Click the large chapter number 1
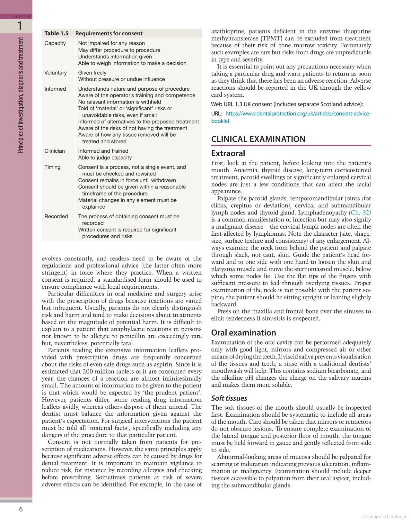click(20, 26)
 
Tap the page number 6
click(21, 509)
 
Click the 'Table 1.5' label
click(57, 33)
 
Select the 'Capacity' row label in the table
click(55, 43)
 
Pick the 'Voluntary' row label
click(56, 73)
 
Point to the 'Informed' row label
click(55, 89)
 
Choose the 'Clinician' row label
click(55, 151)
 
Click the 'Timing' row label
click(53, 167)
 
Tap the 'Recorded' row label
click(56, 217)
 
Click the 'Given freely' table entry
click(92, 73)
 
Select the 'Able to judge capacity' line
click(105, 158)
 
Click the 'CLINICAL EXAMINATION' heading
click(258, 139)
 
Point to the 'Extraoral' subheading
click(228, 153)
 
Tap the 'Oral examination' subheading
click(243, 333)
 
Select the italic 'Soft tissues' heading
click(229, 398)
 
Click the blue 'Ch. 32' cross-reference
click(360, 213)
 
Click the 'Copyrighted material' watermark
click(384, 517)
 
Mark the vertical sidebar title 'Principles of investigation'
click(21, 95)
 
